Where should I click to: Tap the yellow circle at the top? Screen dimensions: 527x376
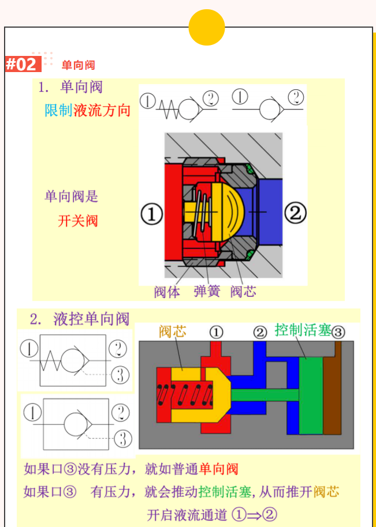(206, 27)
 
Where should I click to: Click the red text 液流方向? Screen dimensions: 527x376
(102, 111)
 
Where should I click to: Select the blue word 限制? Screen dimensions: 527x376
(58, 111)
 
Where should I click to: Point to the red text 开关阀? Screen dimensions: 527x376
(77, 220)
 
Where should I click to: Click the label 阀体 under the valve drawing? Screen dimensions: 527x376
(167, 292)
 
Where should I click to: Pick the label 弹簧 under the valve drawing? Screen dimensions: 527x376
(207, 292)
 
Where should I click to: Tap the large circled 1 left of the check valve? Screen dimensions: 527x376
(151, 214)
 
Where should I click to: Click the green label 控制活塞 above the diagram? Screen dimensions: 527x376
(302, 330)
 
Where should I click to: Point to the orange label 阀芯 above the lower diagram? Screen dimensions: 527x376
(173, 332)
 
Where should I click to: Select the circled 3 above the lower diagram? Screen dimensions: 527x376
(338, 332)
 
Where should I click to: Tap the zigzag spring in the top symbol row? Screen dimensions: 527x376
(169, 108)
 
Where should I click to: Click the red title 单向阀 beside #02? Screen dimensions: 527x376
(78, 65)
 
